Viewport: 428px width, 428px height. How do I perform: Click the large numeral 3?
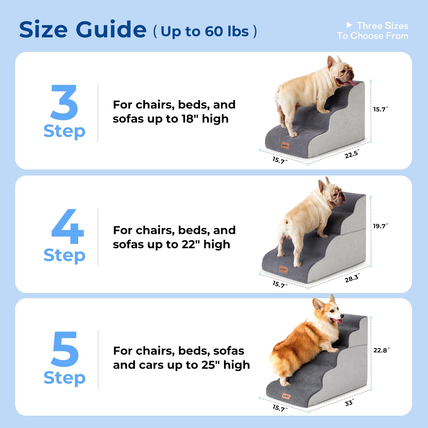pyautogui.click(x=64, y=102)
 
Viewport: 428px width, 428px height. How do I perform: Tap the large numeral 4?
pyautogui.click(x=68, y=227)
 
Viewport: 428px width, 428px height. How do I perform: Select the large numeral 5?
pyautogui.click(x=65, y=349)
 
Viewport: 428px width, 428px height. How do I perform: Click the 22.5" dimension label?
pyautogui.click(x=352, y=154)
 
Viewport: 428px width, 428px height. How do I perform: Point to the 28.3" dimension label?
pyautogui.click(x=352, y=278)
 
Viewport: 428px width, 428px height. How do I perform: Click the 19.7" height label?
pyautogui.click(x=380, y=226)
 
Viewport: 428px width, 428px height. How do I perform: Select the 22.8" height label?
pyautogui.click(x=381, y=350)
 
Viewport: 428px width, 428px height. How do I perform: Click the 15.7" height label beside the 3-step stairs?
pyautogui.click(x=380, y=109)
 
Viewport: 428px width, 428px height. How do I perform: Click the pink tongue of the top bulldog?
pyautogui.click(x=350, y=83)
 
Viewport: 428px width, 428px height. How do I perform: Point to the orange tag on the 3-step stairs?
pyautogui.click(x=285, y=146)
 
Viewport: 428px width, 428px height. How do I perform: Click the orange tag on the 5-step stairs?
pyautogui.click(x=286, y=396)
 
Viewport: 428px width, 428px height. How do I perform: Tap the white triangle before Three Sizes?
pyautogui.click(x=349, y=25)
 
